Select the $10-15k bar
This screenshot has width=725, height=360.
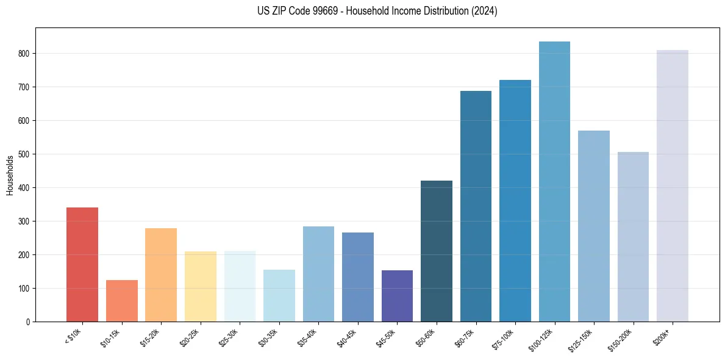click(x=122, y=301)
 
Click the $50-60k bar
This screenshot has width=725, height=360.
click(x=437, y=251)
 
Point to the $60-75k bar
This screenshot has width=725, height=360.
click(x=476, y=206)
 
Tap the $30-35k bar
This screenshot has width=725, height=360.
click(x=279, y=295)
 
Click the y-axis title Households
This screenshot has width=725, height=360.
click(x=10, y=175)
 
